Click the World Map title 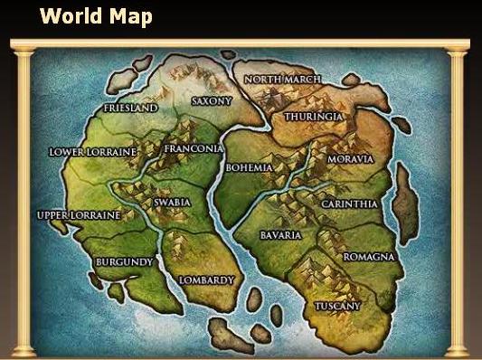pyautogui.click(x=96, y=16)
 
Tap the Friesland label pyautogui.click(x=130, y=109)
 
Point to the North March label pyautogui.click(x=282, y=80)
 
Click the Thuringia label pyautogui.click(x=312, y=118)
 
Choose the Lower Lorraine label pyautogui.click(x=91, y=152)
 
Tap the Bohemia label pyautogui.click(x=249, y=168)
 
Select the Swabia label pyautogui.click(x=172, y=203)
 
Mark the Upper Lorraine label pyautogui.click(x=79, y=216)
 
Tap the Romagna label pyautogui.click(x=369, y=257)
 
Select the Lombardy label pyautogui.click(x=206, y=280)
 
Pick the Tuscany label pyautogui.click(x=337, y=307)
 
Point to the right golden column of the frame pyautogui.click(x=460, y=199)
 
